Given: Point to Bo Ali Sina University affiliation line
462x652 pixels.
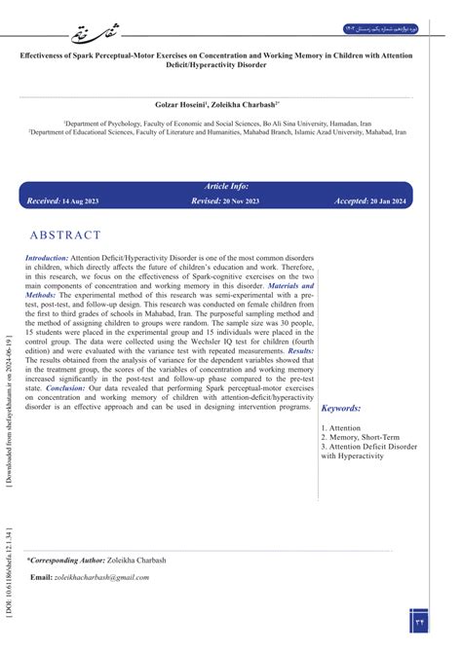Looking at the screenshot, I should (231, 125).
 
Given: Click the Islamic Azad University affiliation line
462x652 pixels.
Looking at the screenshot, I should (231, 133).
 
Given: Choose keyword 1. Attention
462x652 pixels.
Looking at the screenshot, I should (343, 427).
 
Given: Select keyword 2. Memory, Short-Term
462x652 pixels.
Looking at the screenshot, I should (359, 437).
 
